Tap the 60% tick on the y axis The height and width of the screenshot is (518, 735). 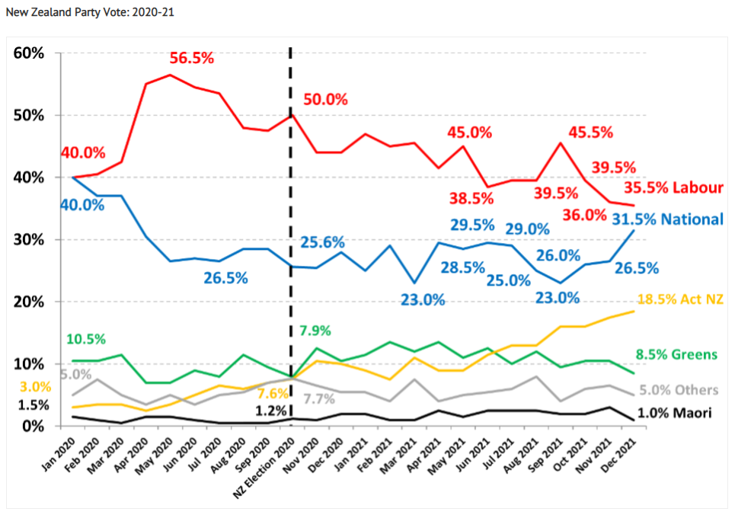pyautogui.click(x=29, y=53)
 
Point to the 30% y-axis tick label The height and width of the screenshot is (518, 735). pyautogui.click(x=29, y=240)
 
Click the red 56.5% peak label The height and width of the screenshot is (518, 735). pyautogui.click(x=191, y=59)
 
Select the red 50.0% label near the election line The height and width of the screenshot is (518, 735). pyautogui.click(x=325, y=100)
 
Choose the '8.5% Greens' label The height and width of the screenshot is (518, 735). pyautogui.click(x=676, y=354)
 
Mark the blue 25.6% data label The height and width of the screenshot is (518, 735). pyautogui.click(x=322, y=243)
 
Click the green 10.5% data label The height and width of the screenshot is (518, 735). pyautogui.click(x=86, y=339)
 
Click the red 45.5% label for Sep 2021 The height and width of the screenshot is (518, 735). pyautogui.click(x=590, y=132)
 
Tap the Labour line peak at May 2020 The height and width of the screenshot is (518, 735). pyautogui.click(x=170, y=75)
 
